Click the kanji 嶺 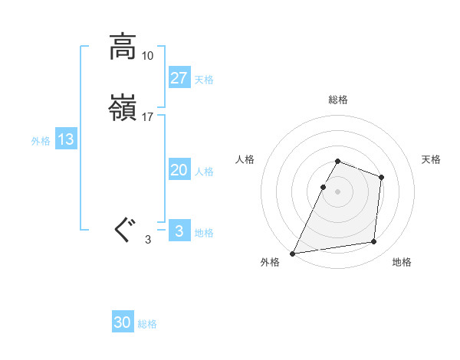(123, 109)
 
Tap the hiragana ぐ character (123, 229)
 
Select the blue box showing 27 (179, 77)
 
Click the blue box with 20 (179, 170)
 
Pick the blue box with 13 (66, 139)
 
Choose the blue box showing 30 (123, 322)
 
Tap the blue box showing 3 (179, 231)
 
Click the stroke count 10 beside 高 (148, 56)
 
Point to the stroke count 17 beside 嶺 (148, 118)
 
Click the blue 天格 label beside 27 (204, 80)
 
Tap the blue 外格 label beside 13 (41, 141)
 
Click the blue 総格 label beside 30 (148, 325)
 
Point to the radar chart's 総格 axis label (338, 100)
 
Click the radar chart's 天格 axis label (432, 159)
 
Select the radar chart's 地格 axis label (402, 263)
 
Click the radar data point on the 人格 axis (324, 187)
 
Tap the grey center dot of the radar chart (338, 191)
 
